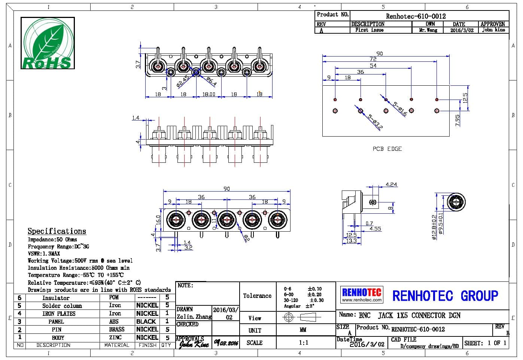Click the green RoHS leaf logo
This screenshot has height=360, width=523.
point(48,43)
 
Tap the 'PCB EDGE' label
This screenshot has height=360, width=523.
point(387,149)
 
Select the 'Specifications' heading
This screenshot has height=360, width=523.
point(57,231)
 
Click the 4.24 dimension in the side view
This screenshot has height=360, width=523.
point(391,184)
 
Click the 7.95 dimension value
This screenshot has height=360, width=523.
point(457,120)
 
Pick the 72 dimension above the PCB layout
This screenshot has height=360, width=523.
point(373,59)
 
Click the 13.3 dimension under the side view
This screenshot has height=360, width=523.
point(352,241)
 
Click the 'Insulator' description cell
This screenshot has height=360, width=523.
point(56,298)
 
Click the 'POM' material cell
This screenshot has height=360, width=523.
point(114,298)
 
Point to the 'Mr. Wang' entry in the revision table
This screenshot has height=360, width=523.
point(428,30)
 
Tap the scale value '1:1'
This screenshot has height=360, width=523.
point(304,342)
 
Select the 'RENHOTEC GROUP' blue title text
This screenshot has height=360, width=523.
point(445,296)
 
